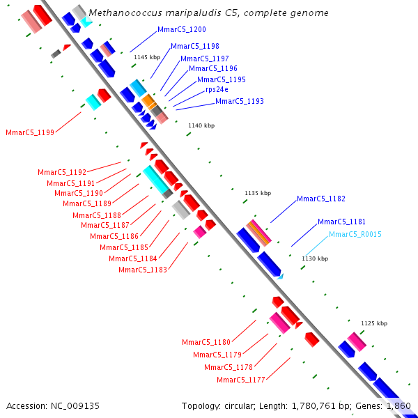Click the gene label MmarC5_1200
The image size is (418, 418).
(182, 29)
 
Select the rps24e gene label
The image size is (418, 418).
(217, 90)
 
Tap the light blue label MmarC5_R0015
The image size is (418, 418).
(355, 234)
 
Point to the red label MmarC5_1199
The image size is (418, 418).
(30, 132)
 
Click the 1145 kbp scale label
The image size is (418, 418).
(147, 57)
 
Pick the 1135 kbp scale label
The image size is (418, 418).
(258, 193)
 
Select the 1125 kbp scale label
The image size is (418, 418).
(374, 323)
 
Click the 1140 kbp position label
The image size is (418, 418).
(201, 125)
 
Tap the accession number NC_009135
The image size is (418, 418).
(75, 406)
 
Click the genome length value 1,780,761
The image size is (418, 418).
(313, 406)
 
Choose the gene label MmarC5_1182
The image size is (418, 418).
(321, 199)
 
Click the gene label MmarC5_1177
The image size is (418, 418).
(241, 380)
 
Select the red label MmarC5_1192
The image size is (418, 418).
(62, 172)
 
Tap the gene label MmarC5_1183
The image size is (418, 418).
(143, 270)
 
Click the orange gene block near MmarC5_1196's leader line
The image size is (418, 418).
(149, 101)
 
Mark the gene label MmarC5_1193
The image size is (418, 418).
(240, 101)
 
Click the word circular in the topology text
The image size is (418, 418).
(239, 406)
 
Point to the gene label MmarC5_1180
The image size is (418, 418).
(206, 342)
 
